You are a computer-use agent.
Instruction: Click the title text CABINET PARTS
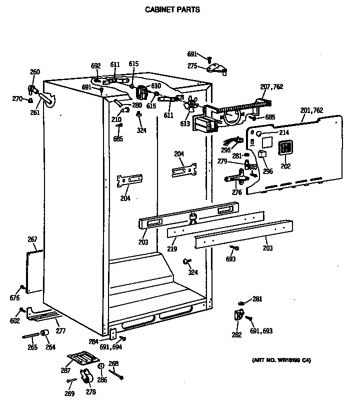pyautogui.click(x=172, y=9)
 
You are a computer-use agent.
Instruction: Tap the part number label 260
pyautogui.click(x=34, y=72)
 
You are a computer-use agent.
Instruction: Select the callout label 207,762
pyautogui.click(x=271, y=86)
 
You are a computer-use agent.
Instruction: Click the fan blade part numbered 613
pyautogui.click(x=190, y=105)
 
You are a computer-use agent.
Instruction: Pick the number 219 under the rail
pyautogui.click(x=171, y=248)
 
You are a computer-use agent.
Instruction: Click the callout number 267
pyautogui.click(x=32, y=240)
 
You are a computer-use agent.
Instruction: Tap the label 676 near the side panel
pyautogui.click(x=14, y=298)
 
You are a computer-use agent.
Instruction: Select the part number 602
pyautogui.click(x=14, y=321)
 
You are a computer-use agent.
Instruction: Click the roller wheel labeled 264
pyautogui.click(x=44, y=333)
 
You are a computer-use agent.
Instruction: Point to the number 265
pyautogui.click(x=32, y=347)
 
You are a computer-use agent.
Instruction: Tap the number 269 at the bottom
pyautogui.click(x=69, y=394)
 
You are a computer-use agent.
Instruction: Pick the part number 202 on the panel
pyautogui.click(x=285, y=166)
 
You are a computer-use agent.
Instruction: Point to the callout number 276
pyautogui.click(x=236, y=192)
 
